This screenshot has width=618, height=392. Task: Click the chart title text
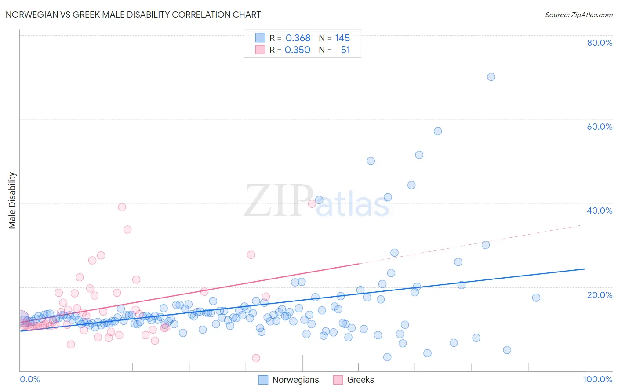click(133, 15)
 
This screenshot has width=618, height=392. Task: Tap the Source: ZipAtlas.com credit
click(578, 15)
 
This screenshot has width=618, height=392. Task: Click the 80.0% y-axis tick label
click(600, 43)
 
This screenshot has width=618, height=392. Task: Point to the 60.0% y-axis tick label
click(600, 127)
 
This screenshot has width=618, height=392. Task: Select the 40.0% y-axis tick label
click(600, 211)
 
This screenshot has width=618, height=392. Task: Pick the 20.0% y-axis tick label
click(600, 294)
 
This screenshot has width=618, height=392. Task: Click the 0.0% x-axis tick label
click(30, 379)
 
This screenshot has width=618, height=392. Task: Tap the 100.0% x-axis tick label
click(597, 379)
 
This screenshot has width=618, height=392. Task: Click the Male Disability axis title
click(12, 200)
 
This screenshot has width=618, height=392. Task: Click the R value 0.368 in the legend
click(298, 38)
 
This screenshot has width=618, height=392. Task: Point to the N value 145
click(342, 38)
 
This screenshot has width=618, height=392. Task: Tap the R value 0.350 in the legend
click(298, 50)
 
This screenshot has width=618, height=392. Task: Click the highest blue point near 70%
click(491, 77)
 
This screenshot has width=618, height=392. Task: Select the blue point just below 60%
click(438, 131)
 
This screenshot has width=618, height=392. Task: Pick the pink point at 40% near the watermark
click(312, 203)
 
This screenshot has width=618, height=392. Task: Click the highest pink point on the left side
click(122, 207)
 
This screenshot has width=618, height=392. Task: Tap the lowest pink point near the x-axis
click(256, 358)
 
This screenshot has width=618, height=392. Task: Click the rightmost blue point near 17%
click(536, 298)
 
